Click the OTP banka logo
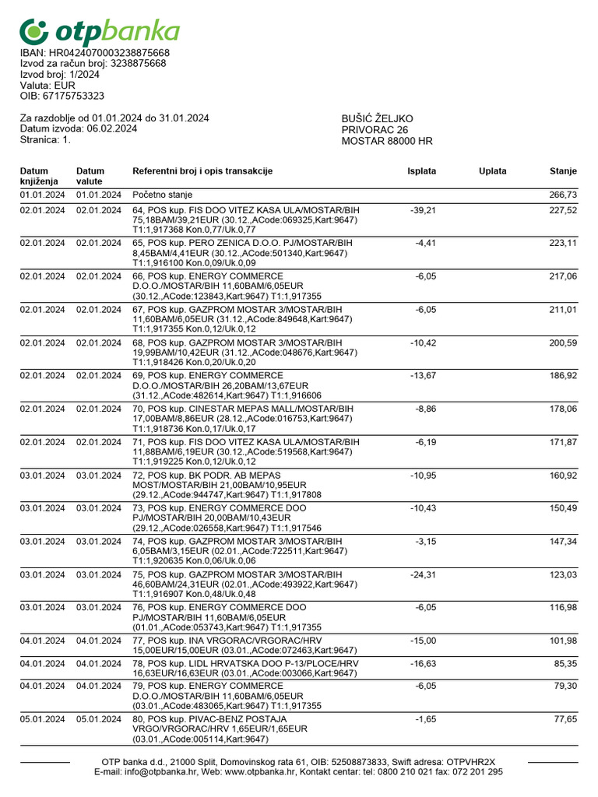coord(100,31)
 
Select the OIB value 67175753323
coord(75,96)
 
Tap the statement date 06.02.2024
coord(112,128)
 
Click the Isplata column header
coord(421,171)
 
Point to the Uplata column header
coord(492,171)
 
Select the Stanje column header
coord(562,171)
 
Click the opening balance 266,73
coord(562,195)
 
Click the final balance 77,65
coord(564,718)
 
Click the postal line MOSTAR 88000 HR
coord(387,141)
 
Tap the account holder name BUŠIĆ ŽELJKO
coord(378,118)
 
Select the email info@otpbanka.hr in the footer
coord(160,772)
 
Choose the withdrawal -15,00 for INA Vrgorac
coord(423,641)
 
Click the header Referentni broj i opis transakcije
coord(202,171)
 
